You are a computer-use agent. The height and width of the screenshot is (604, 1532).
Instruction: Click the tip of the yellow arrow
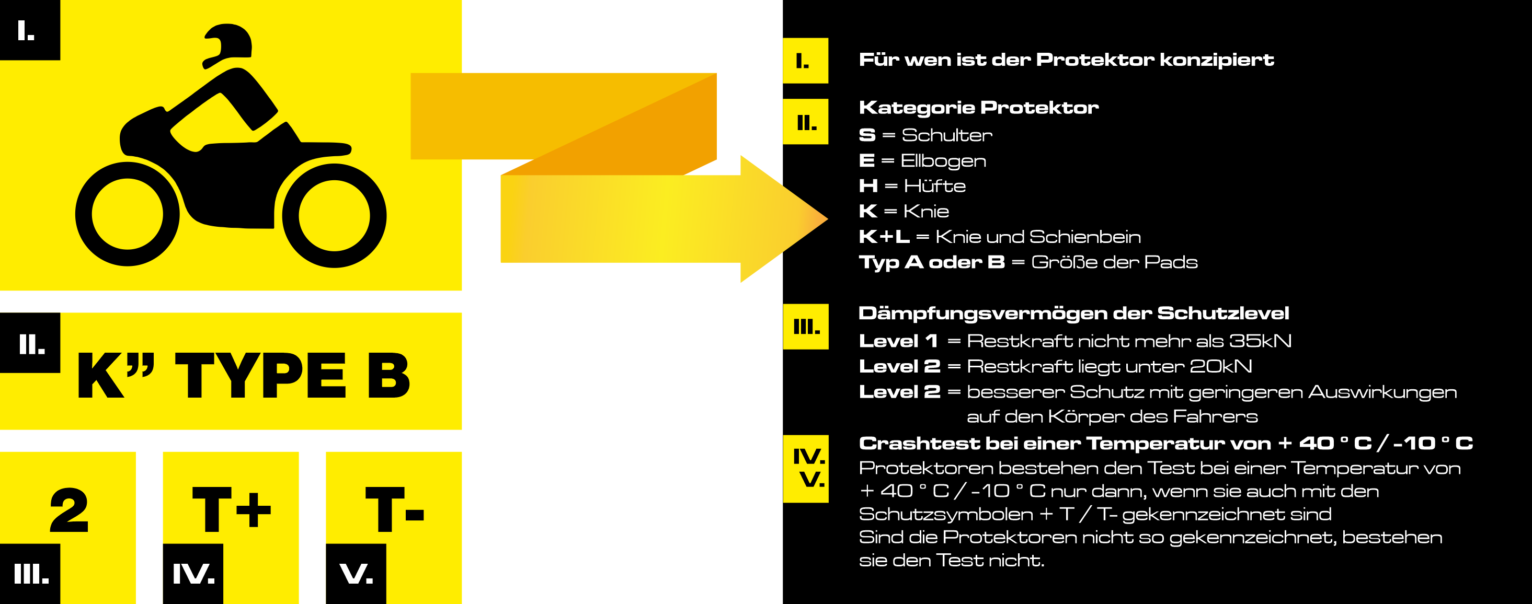827,219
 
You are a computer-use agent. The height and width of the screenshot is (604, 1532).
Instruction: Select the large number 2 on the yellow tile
69,509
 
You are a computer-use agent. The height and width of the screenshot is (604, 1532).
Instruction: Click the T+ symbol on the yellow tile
231,509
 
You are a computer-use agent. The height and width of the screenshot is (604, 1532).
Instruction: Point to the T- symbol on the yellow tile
394,509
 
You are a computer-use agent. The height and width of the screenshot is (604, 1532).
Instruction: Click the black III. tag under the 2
30,574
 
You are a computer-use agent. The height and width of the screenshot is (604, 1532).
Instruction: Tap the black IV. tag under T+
193,574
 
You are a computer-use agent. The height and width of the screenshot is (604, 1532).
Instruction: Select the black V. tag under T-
356,574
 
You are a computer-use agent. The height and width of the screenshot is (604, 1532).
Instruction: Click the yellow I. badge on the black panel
805,61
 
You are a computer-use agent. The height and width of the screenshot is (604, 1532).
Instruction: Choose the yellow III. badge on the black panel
805,327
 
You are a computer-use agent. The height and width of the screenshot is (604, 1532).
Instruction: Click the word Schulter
947,135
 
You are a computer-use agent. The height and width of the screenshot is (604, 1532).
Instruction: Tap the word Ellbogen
943,161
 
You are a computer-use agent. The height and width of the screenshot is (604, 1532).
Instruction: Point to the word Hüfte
934,186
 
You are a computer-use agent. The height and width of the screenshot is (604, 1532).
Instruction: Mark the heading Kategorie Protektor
978,108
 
